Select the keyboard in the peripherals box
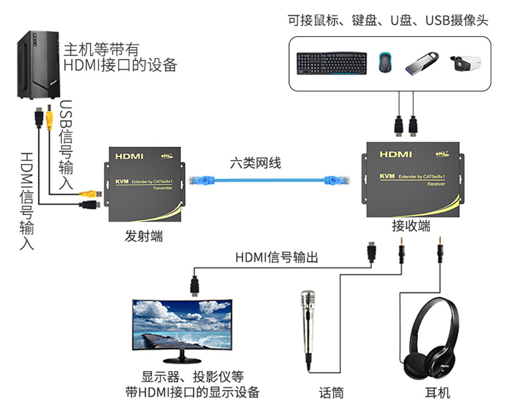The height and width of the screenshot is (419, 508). point(332,63)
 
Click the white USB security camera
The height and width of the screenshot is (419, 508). point(467,64)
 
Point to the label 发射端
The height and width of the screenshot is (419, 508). point(144,237)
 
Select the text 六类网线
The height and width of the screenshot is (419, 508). point(255,162)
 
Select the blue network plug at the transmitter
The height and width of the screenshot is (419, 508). point(196,179)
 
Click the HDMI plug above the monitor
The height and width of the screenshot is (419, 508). point(194,285)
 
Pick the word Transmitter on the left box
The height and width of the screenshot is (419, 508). point(162,187)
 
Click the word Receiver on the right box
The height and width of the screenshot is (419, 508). point(435,184)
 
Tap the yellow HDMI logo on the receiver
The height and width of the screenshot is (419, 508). point(396,154)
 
